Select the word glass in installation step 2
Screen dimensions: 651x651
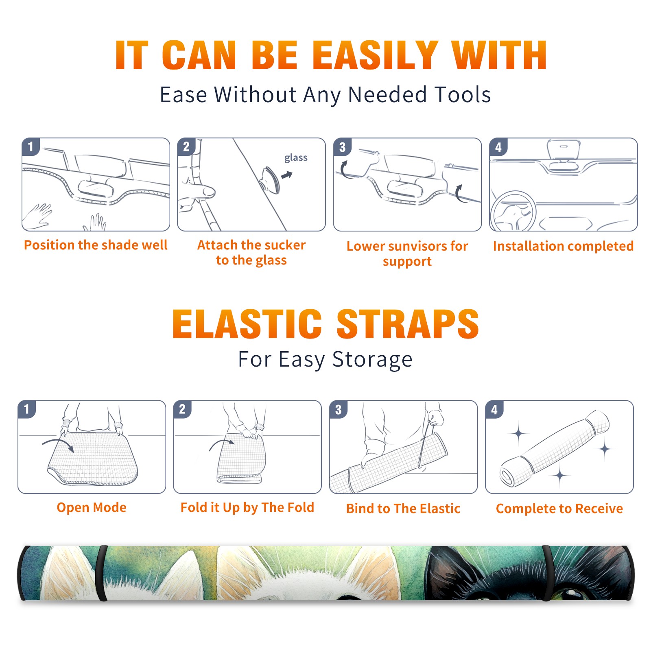296,157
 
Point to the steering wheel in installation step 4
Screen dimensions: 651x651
513,211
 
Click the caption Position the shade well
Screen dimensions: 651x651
96,245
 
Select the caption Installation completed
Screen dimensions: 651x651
563,246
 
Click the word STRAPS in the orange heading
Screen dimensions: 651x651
408,324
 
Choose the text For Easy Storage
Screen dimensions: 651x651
325,359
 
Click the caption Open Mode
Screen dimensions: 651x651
92,507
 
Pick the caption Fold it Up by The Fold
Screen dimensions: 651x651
247,508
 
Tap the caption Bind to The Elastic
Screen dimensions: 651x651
403,509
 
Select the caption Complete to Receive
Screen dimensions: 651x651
559,509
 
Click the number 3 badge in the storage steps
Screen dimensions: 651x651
339,409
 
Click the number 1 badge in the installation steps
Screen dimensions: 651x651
31,146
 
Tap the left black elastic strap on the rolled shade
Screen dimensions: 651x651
102,573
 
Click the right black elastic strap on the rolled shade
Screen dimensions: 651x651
548,573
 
